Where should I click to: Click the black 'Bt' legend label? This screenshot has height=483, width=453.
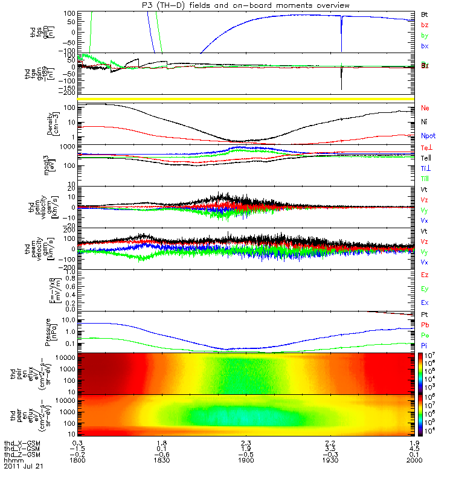coord(425,14)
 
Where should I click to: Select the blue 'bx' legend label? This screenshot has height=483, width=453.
coord(425,46)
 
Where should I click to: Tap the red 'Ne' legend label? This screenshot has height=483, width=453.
coord(425,109)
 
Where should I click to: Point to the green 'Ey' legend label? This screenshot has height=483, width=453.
coord(425,289)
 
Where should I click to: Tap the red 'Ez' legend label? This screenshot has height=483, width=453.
coord(425,275)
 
